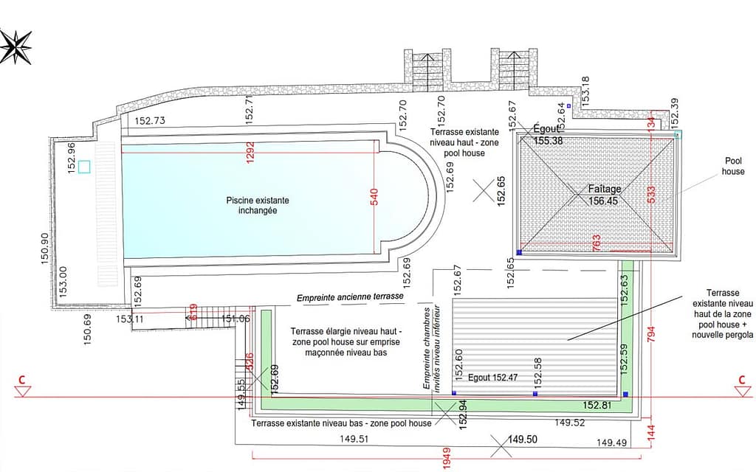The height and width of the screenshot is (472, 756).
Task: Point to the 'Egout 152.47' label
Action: [492, 378]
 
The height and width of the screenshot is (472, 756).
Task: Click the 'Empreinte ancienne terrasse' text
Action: [350, 296]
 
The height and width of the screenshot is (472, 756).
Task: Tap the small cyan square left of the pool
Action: [84, 167]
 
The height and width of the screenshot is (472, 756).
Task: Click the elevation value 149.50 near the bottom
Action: [522, 440]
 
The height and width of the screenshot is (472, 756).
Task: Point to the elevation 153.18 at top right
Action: [586, 91]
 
